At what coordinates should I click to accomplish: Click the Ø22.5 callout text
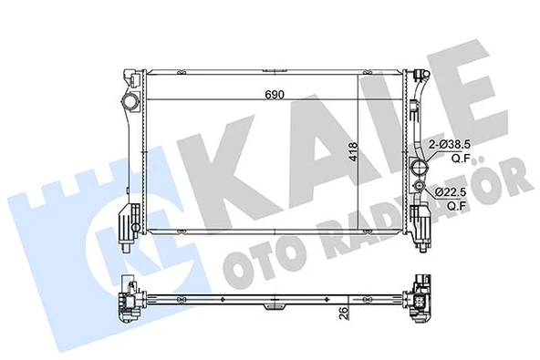coord(451,192)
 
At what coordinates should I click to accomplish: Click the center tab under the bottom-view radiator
coord(272,312)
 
